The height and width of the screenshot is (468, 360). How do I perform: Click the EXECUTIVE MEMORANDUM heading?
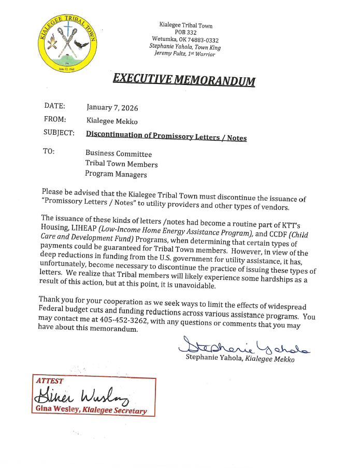(x=184, y=79)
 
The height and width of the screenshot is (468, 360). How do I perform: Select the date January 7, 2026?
(x=112, y=108)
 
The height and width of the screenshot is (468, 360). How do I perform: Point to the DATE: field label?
(x=54, y=106)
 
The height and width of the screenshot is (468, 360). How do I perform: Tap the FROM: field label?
(x=55, y=119)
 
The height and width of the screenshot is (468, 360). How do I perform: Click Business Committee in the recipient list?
(x=119, y=154)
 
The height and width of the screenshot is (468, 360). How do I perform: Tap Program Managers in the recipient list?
(x=116, y=175)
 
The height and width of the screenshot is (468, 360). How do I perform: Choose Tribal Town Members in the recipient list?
(x=122, y=164)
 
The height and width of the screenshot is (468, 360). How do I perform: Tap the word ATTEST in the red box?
(x=50, y=381)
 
